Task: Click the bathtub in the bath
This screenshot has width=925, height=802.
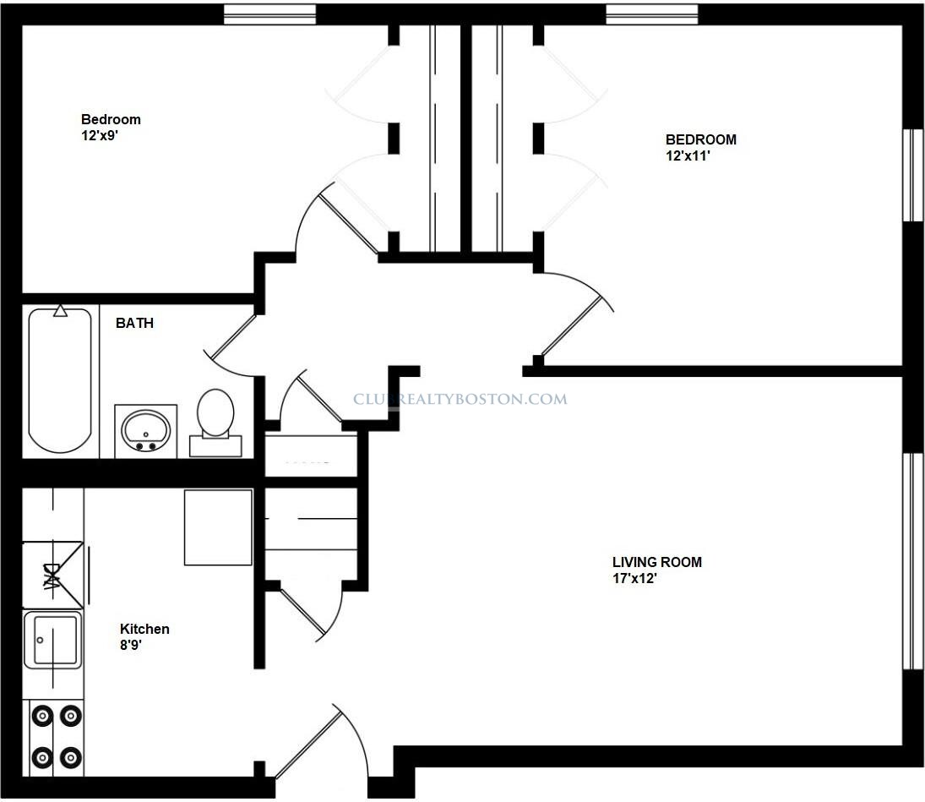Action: point(59,380)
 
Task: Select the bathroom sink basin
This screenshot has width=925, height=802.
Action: point(146,429)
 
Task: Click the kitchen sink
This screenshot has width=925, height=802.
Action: point(52,640)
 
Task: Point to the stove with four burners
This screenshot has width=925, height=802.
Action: point(56,735)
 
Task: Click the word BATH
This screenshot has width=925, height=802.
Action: point(134,323)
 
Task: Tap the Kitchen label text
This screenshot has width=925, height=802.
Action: point(144,629)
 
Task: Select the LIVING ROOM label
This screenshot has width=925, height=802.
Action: point(656,562)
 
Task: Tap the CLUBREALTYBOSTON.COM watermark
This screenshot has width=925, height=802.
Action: point(460,399)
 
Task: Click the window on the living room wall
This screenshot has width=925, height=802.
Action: point(913,562)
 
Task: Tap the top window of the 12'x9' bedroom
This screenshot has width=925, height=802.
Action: point(269,14)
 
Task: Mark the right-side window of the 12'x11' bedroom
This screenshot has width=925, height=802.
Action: point(913,175)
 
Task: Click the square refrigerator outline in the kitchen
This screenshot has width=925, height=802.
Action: point(218,527)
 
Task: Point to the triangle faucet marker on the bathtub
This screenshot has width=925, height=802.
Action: point(60,311)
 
